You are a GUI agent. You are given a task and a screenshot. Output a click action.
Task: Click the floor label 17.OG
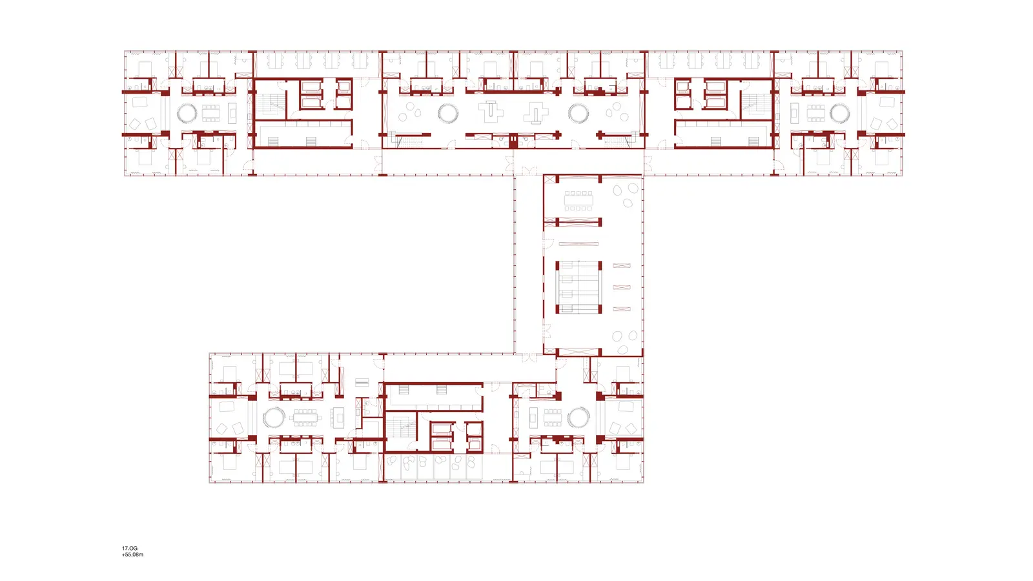[130, 548]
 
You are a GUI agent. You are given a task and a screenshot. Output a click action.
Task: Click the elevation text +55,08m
[132, 555]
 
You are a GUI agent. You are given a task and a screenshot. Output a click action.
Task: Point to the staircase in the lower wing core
[400, 427]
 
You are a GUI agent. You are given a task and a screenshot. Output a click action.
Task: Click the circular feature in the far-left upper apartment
[187, 114]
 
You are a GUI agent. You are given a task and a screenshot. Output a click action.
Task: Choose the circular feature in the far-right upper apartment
[839, 114]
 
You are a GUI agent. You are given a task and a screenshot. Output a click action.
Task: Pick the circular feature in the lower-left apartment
[274, 418]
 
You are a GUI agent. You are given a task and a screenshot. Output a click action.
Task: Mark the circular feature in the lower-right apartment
[578, 418]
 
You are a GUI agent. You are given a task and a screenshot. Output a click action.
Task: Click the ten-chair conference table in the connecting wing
[578, 201]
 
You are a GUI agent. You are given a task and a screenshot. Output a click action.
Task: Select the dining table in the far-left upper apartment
[211, 114]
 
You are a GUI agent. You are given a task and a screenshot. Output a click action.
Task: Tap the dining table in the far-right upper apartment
[815, 114]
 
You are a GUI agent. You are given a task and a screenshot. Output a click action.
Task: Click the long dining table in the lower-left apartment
[305, 418]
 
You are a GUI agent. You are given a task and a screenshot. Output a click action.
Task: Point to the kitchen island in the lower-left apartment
[340, 418]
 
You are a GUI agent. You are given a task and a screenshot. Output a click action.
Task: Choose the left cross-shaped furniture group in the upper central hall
[491, 112]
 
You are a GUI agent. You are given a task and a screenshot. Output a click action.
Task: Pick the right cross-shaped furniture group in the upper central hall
[535, 113]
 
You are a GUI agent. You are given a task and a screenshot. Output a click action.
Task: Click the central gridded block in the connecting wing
[578, 287]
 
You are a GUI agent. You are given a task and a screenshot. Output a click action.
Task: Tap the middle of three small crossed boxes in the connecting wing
[621, 287]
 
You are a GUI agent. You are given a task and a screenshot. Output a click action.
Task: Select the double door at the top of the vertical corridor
[529, 170]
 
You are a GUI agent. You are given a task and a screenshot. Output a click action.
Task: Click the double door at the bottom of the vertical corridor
[529, 358]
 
